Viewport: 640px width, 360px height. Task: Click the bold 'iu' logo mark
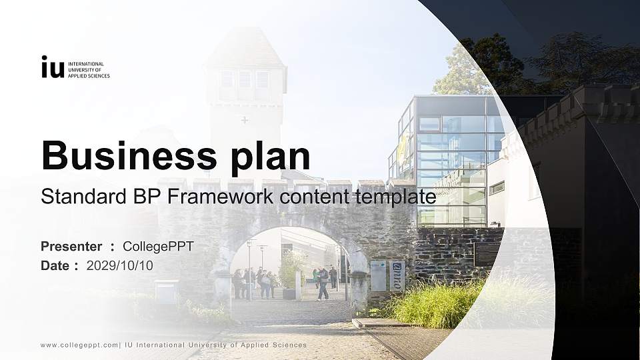pos(53,67)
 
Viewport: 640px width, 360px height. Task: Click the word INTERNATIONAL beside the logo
pos(91,64)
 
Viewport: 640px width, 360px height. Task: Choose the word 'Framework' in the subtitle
pos(215,197)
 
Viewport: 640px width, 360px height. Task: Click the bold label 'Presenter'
pos(71,247)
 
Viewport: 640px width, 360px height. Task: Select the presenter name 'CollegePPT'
pos(158,247)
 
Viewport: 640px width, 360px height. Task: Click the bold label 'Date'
pos(55,265)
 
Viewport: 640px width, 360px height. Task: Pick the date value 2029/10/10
pos(120,265)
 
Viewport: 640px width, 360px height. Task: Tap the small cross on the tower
pos(245,121)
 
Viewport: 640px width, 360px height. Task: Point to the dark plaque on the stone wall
pos(485,254)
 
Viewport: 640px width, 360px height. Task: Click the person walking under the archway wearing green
pos(315,277)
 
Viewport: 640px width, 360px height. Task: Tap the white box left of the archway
pos(166,291)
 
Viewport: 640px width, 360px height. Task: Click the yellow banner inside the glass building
pos(403,148)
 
